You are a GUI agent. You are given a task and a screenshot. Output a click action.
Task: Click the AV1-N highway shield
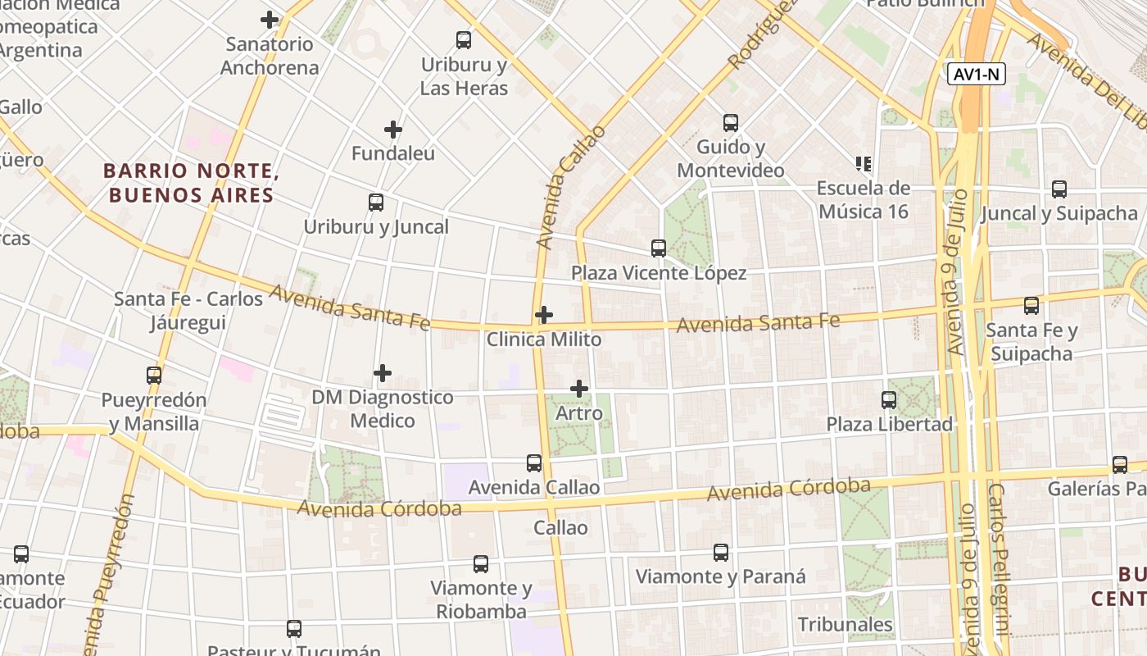tap(977, 75)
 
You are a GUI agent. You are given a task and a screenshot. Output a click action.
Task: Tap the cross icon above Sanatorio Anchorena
tap(270, 20)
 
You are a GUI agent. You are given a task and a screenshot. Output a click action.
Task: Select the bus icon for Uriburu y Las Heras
tap(464, 39)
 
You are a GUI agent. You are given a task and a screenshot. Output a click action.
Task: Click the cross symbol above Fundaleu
tap(393, 130)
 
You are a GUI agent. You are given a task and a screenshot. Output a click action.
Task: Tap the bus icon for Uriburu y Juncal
tap(376, 202)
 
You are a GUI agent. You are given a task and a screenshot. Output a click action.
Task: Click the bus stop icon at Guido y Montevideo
tap(731, 123)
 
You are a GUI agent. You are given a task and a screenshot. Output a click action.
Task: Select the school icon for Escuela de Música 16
tap(862, 164)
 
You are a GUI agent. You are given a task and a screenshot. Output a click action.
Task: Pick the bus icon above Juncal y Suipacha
tap(1059, 189)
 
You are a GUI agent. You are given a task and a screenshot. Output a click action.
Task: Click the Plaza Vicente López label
tap(659, 273)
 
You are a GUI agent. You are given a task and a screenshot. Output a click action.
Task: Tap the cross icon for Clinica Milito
tap(544, 315)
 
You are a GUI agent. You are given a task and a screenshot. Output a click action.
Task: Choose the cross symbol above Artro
tap(579, 389)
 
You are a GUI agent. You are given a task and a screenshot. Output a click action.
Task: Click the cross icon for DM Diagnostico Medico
tap(383, 374)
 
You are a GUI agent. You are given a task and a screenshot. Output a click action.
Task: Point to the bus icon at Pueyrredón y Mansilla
tap(154, 376)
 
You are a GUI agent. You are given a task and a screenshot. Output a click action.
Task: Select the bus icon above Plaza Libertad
tap(889, 400)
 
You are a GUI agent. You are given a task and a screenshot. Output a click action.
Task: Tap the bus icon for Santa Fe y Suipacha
tap(1031, 306)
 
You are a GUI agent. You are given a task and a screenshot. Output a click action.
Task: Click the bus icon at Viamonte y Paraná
tap(721, 552)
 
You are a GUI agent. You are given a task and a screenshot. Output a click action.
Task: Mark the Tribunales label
tap(846, 624)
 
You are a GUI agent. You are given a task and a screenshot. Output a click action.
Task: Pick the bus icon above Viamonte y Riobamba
tap(481, 564)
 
